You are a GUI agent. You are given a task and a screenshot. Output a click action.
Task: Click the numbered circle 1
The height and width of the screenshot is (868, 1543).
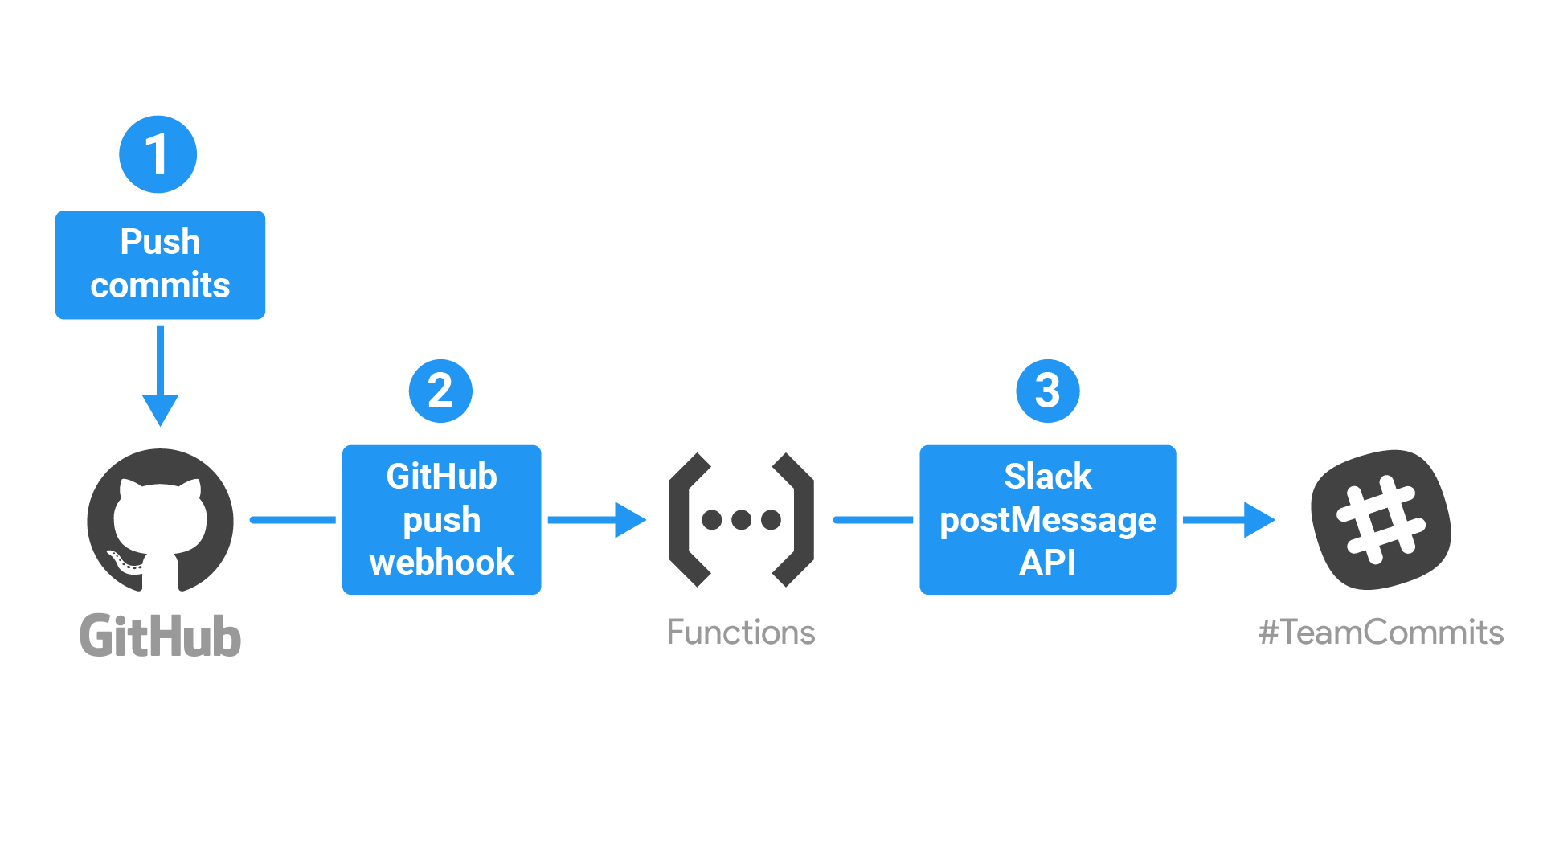[158, 154]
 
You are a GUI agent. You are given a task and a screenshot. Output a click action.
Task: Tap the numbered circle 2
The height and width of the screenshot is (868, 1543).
[440, 391]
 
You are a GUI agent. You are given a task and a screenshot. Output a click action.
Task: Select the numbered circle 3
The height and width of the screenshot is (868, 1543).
[1047, 391]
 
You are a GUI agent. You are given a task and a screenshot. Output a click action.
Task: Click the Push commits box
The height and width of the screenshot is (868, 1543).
[160, 264]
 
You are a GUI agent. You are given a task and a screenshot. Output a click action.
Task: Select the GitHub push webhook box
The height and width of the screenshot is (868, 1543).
[441, 519]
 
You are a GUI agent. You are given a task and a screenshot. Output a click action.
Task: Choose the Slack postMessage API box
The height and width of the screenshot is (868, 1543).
[1047, 519]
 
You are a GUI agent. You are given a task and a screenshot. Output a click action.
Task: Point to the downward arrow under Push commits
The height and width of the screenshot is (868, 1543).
[160, 378]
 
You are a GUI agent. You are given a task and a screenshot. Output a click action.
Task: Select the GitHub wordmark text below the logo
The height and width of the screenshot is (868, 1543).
[160, 636]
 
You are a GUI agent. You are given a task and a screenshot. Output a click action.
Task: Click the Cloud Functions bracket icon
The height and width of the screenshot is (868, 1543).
[741, 520]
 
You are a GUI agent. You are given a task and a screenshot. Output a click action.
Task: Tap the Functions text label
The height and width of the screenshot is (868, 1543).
[741, 633]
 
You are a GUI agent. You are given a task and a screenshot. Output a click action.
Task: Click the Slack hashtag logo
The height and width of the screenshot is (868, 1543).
[1381, 520]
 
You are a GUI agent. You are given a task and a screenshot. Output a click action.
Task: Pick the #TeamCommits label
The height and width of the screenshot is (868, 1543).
[1381, 633]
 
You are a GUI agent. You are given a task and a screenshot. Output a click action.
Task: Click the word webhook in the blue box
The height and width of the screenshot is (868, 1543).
[441, 563]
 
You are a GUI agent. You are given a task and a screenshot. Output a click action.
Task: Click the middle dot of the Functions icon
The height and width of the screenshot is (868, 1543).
[741, 520]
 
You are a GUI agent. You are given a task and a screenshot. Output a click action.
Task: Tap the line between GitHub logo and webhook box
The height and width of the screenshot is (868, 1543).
[293, 520]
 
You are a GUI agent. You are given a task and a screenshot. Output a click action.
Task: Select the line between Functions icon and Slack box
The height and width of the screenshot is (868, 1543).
[874, 520]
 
